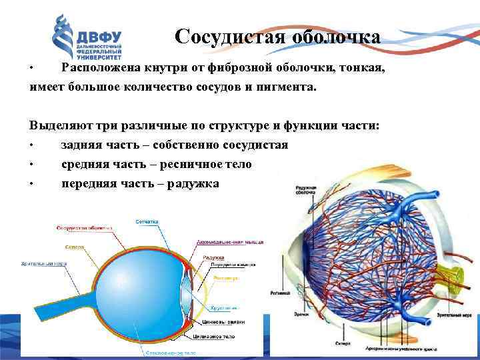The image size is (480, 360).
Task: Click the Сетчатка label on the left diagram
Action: point(146,220)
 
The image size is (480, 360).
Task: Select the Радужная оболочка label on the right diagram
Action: point(306,193)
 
